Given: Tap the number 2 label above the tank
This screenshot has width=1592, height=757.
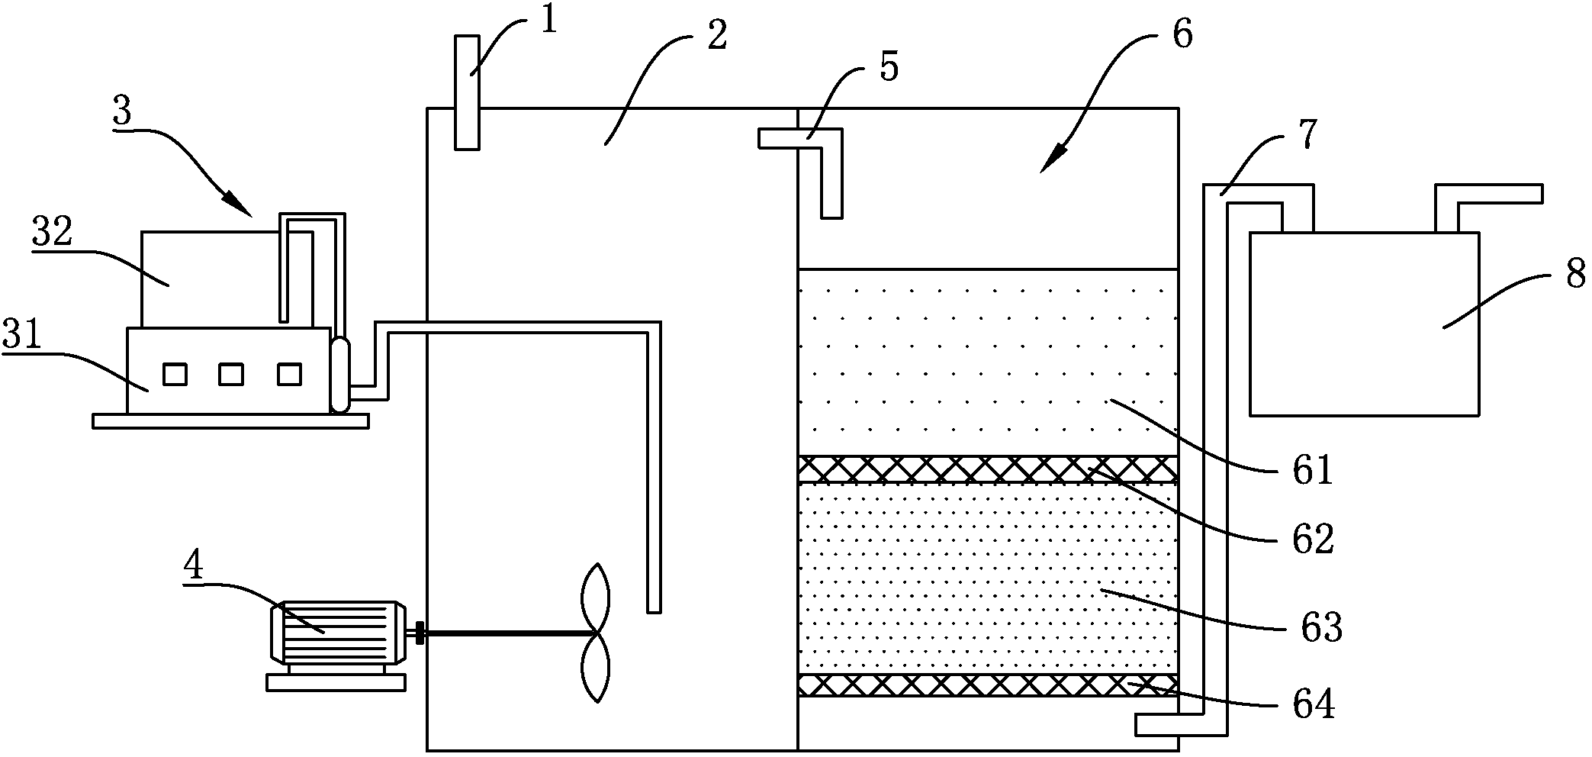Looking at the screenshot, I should [716, 35].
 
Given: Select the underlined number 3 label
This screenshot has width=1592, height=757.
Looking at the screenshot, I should [122, 112].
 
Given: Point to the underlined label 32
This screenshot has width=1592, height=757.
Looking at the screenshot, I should [52, 232].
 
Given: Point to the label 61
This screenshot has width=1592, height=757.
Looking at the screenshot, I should [1312, 469].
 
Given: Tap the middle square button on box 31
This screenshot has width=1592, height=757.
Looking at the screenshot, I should [231, 375].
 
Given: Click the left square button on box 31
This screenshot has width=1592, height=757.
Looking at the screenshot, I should [175, 375].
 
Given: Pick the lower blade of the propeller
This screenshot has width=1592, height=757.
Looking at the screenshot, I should [596, 668].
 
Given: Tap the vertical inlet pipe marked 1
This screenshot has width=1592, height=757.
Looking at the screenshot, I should [467, 92].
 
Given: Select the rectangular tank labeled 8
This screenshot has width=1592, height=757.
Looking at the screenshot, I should [1364, 324].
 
